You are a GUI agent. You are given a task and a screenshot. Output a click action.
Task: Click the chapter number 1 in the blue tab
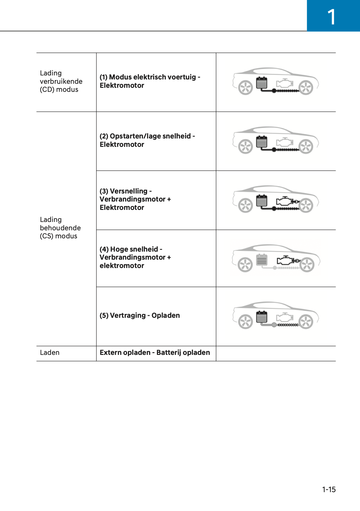click(331, 17)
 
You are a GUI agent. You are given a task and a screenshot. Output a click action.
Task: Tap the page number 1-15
click(328, 489)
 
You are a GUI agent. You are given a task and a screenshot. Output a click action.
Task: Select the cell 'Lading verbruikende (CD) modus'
click(61, 81)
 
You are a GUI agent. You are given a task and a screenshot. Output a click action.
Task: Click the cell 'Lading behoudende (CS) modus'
click(60, 228)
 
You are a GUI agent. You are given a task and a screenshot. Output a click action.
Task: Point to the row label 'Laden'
click(50, 353)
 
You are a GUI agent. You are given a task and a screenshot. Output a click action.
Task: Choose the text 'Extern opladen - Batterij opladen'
click(155, 353)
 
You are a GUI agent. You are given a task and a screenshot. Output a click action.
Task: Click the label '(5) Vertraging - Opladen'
click(140, 316)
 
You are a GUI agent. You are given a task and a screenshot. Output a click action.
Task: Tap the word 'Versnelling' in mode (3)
click(129, 191)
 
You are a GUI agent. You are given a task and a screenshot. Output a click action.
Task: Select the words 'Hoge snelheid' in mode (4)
click(134, 249)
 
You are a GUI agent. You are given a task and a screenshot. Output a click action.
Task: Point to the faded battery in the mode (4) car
click(262, 260)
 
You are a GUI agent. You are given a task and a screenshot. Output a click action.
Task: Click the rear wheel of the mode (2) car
click(246, 147)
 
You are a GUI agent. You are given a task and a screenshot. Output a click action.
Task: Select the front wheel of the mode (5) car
click(306, 322)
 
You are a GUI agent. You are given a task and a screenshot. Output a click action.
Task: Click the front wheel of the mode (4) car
click(307, 265)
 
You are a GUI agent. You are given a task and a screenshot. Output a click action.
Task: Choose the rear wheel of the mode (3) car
click(246, 206)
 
